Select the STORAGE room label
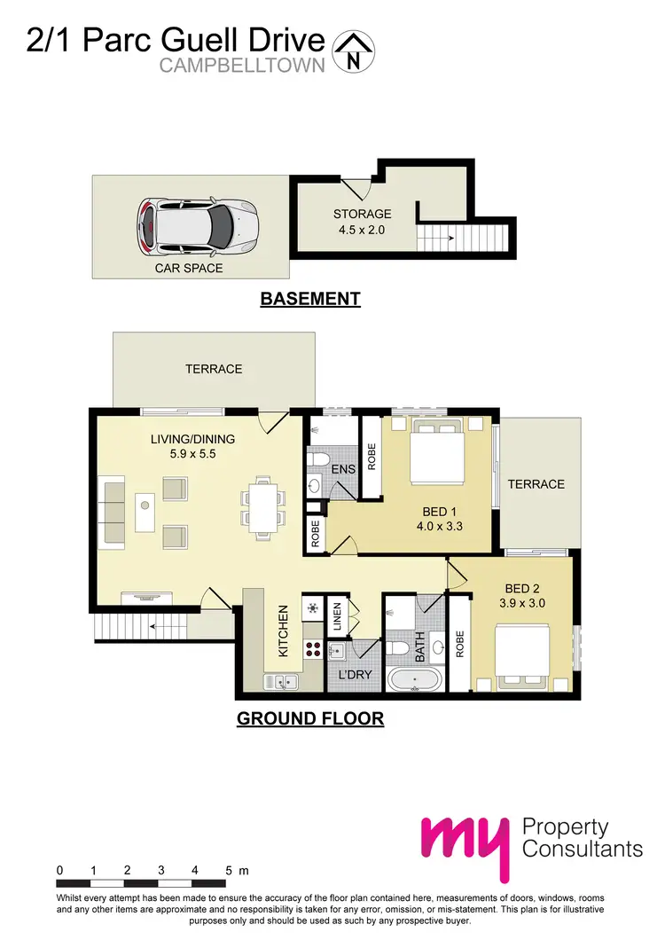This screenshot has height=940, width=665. pos(362,214)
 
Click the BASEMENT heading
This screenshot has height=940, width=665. pos(310,299)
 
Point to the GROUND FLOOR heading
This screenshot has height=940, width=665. pos(310,718)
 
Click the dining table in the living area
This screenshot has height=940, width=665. pos(262,506)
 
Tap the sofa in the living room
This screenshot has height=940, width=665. pos(113,511)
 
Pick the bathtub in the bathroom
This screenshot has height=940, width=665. pos(415,682)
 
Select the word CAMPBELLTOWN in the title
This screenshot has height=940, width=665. pos(243,66)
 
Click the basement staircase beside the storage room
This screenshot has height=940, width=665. pos(465,238)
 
